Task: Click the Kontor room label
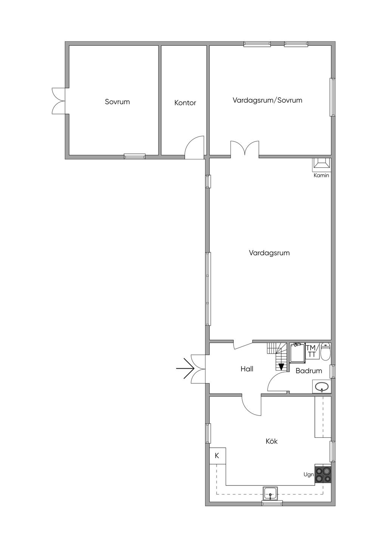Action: click(185, 103)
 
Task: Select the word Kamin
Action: click(321, 175)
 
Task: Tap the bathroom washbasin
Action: click(322, 386)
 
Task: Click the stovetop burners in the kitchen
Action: click(323, 474)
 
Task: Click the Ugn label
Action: click(308, 474)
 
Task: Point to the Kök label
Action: click(271, 441)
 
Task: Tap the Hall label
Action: click(247, 369)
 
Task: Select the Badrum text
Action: click(308, 371)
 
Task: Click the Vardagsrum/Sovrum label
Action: click(267, 100)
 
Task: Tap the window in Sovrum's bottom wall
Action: click(135, 156)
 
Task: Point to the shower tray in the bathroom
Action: click(297, 353)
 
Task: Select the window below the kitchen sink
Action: click(272, 503)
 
